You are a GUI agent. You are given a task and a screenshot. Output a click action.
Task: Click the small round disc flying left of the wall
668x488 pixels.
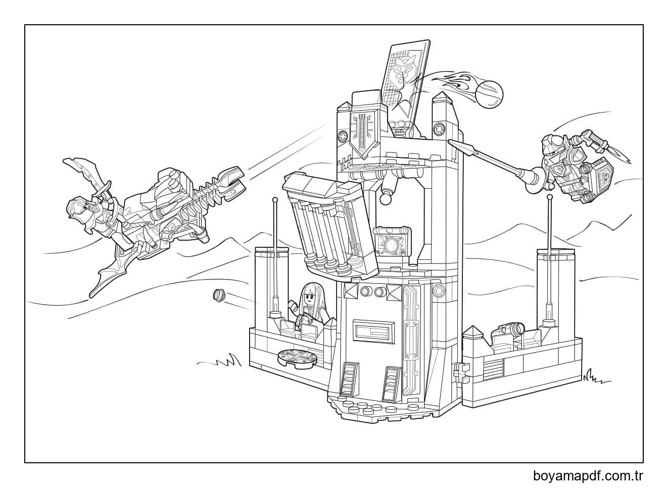(x=219, y=294)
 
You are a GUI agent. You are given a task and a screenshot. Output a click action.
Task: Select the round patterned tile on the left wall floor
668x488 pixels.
(x=298, y=357)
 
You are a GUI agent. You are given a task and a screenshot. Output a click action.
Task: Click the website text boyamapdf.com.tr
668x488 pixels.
(x=588, y=475)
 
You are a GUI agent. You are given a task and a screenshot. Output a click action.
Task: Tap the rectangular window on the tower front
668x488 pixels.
(x=372, y=331)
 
